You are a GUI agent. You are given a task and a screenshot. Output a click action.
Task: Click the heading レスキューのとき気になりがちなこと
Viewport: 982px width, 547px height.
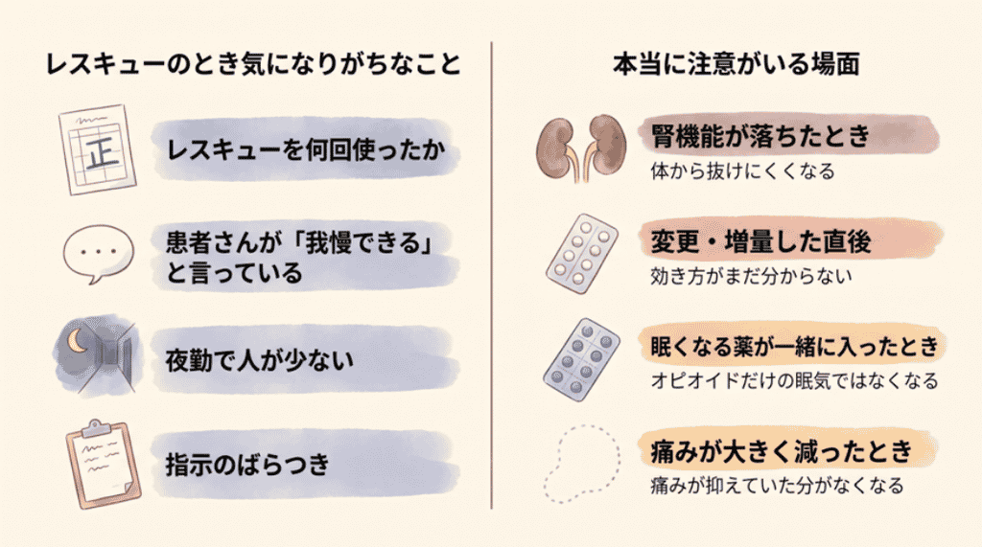click(253, 64)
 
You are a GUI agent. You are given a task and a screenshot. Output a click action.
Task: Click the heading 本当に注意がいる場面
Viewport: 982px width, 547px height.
click(736, 64)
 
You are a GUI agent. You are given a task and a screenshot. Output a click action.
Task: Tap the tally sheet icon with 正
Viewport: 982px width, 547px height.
click(98, 149)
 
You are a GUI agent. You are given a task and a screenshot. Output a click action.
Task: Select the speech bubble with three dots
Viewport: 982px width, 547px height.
click(99, 254)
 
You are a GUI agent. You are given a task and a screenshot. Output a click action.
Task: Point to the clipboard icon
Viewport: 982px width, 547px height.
click(104, 464)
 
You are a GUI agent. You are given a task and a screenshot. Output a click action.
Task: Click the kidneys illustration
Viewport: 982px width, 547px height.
click(581, 148)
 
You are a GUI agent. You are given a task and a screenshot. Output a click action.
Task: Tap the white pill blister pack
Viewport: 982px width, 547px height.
click(581, 254)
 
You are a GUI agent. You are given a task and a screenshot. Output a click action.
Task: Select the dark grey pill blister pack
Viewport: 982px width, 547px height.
click(581, 359)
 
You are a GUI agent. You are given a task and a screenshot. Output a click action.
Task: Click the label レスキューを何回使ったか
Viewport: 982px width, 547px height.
click(306, 149)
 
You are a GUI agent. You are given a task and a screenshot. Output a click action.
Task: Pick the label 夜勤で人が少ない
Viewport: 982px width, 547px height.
click(259, 360)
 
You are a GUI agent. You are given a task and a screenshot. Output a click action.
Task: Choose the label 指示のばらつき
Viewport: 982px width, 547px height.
click(247, 465)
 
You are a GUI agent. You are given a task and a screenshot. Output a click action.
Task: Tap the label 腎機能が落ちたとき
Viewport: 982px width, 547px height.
click(760, 135)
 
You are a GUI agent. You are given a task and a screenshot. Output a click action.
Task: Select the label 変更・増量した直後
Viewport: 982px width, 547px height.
click(760, 241)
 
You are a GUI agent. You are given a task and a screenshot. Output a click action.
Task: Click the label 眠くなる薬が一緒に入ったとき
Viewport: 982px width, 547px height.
click(794, 346)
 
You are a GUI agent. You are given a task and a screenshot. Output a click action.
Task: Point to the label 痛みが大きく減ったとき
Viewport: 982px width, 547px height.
click(782, 450)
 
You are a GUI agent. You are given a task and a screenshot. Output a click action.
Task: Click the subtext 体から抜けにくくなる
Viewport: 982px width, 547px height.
click(743, 171)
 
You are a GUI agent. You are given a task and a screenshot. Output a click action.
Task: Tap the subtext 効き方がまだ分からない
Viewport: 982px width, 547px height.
click(751, 276)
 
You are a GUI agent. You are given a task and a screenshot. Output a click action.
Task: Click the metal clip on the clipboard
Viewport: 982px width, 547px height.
click(96, 428)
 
